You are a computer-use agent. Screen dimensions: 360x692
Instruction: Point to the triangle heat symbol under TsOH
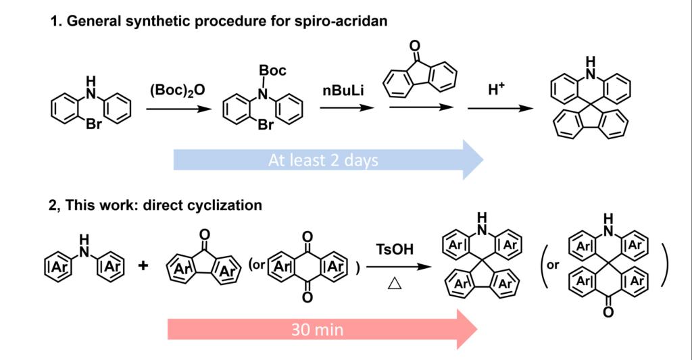click(391, 284)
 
